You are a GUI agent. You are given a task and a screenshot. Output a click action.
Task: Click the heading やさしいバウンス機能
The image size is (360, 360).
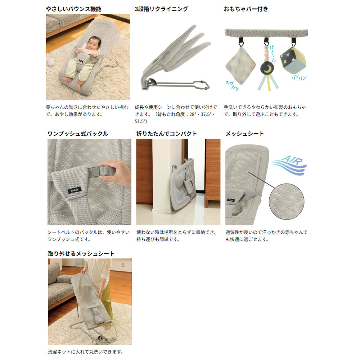73,9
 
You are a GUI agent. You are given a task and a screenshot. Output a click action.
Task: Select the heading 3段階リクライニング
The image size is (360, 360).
161,9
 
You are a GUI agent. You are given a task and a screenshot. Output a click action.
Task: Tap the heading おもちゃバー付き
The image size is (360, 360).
246,9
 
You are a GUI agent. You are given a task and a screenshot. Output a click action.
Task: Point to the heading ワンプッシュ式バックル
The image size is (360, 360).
78,134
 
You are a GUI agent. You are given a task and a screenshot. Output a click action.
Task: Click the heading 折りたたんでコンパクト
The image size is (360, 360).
167,134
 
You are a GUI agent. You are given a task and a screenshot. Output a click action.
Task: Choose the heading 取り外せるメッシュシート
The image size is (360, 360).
81,253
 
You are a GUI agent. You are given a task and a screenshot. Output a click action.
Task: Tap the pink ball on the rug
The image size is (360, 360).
50,62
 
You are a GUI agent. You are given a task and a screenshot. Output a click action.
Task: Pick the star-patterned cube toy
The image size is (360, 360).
293,60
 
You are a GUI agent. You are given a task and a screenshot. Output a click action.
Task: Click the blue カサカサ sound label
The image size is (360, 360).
232,85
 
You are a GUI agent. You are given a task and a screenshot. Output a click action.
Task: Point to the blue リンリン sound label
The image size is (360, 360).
299,78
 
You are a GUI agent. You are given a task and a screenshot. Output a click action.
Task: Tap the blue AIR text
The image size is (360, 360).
292,160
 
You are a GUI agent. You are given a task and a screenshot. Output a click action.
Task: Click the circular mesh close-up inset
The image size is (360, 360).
286,201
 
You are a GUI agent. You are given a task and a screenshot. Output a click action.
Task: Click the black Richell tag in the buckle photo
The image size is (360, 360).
75,190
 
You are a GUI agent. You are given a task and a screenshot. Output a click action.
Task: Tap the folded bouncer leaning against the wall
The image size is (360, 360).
183,184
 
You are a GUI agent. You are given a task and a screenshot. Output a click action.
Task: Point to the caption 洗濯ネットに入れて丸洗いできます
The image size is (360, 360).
86,352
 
